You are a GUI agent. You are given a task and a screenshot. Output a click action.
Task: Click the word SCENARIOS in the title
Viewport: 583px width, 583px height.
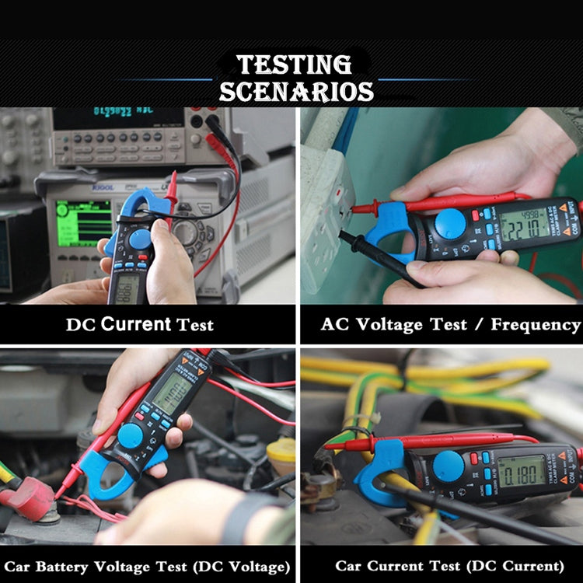[x=295, y=92]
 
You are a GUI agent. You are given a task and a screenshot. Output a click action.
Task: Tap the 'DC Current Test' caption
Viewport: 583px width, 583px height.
[x=139, y=325]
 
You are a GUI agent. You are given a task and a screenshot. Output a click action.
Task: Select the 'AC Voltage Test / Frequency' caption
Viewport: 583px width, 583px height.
[x=450, y=325]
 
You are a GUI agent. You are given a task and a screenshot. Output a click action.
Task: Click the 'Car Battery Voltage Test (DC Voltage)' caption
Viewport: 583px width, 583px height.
[x=148, y=565]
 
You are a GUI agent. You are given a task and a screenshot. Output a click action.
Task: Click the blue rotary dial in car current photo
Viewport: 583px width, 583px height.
[x=449, y=466]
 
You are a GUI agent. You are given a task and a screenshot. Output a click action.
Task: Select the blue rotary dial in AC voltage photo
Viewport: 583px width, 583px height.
[x=450, y=224]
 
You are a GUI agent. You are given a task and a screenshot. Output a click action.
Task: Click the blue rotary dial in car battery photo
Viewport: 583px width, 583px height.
[x=131, y=435]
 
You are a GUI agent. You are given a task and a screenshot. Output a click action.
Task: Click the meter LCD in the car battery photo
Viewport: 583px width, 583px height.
[x=173, y=393]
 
